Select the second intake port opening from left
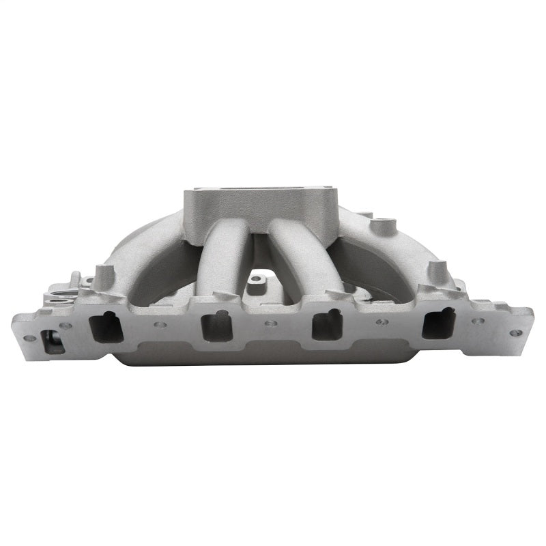(x=216, y=325)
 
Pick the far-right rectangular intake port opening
(x=437, y=322)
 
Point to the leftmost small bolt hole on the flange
(x=29, y=337)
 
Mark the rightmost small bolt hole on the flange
(x=516, y=332)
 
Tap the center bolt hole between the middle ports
(x=271, y=324)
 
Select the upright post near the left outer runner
(x=104, y=276)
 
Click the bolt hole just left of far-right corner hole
(x=478, y=321)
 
